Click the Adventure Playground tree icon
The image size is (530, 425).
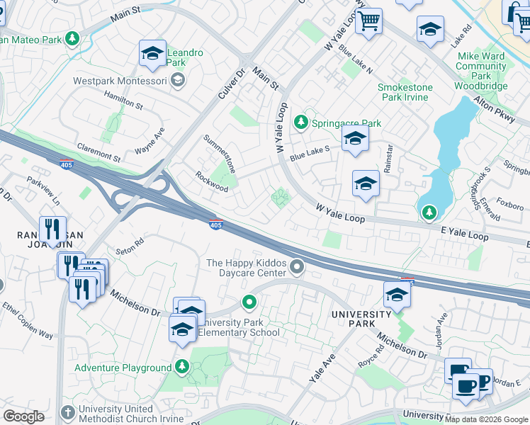click(182, 367)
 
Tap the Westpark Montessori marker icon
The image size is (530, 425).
click(177, 81)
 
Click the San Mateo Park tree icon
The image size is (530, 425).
click(72, 38)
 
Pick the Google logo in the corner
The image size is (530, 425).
click(23, 416)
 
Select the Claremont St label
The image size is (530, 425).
click(98, 152)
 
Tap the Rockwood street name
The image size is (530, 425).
click(212, 182)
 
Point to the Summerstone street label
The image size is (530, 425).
click(220, 150)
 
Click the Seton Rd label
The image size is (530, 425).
click(130, 246)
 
